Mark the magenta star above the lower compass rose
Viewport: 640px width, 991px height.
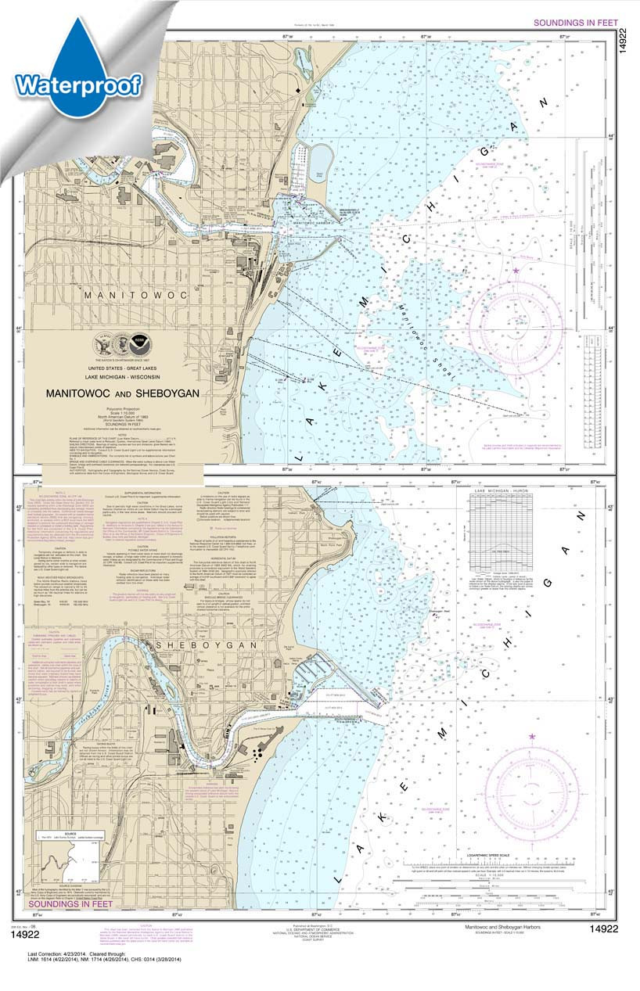tap(533, 737)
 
